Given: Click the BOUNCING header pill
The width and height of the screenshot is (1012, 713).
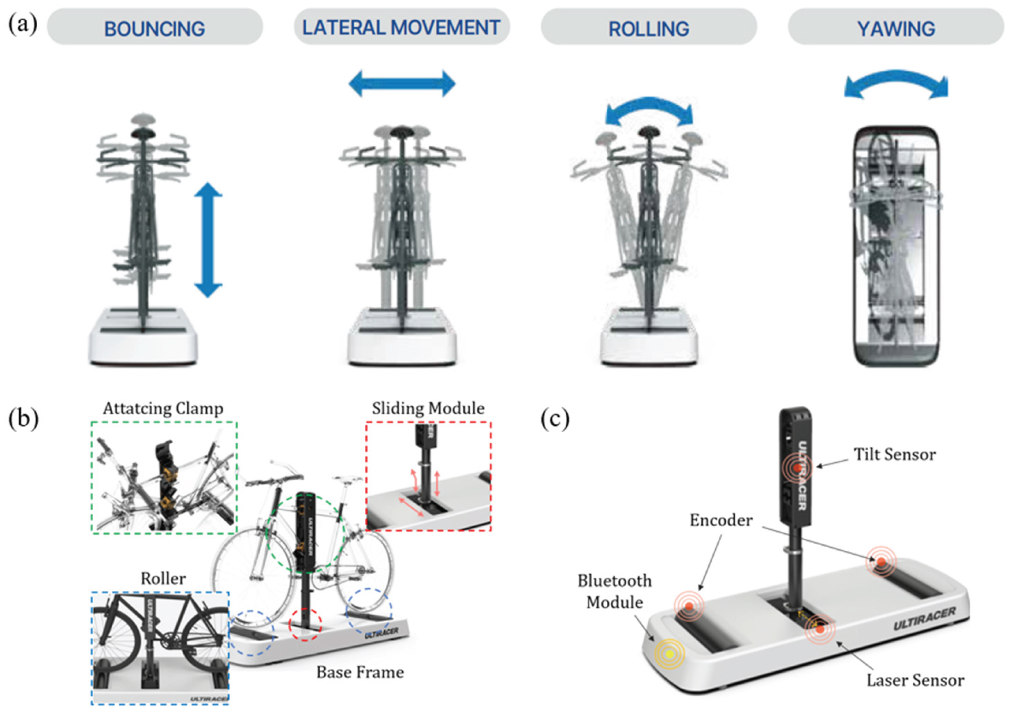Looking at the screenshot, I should [155, 27].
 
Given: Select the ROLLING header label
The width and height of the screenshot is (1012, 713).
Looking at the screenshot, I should [648, 27].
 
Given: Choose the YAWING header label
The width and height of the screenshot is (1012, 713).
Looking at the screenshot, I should [896, 27].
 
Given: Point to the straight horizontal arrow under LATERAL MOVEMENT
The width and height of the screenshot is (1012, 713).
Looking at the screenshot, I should [402, 83].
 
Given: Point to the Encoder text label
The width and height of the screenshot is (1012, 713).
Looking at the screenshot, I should [721, 520].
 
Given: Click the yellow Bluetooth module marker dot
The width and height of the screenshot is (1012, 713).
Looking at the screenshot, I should [669, 654].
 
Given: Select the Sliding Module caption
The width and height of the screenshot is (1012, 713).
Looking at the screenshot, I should [428, 408].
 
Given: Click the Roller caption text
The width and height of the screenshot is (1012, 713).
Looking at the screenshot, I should [163, 578].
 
